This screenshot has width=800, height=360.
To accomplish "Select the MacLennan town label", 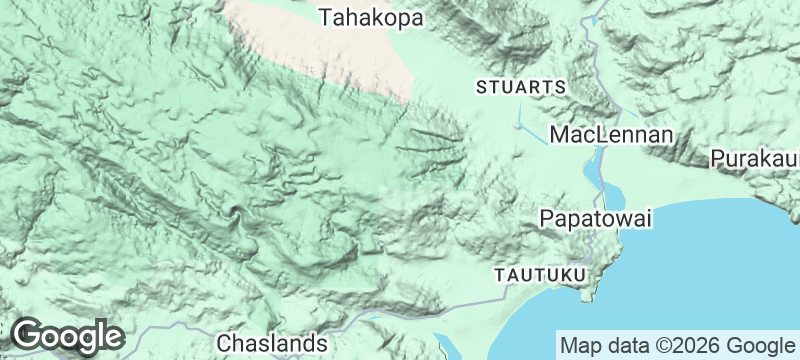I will click(612, 134).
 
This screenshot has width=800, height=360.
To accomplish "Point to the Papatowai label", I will click(595, 218).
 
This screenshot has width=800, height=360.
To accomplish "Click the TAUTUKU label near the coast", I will click(540, 273).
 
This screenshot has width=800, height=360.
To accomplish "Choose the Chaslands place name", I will click(272, 343).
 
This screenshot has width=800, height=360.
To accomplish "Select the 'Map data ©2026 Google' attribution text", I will click(677, 345).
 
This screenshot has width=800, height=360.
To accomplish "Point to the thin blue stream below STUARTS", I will click(524, 125).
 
